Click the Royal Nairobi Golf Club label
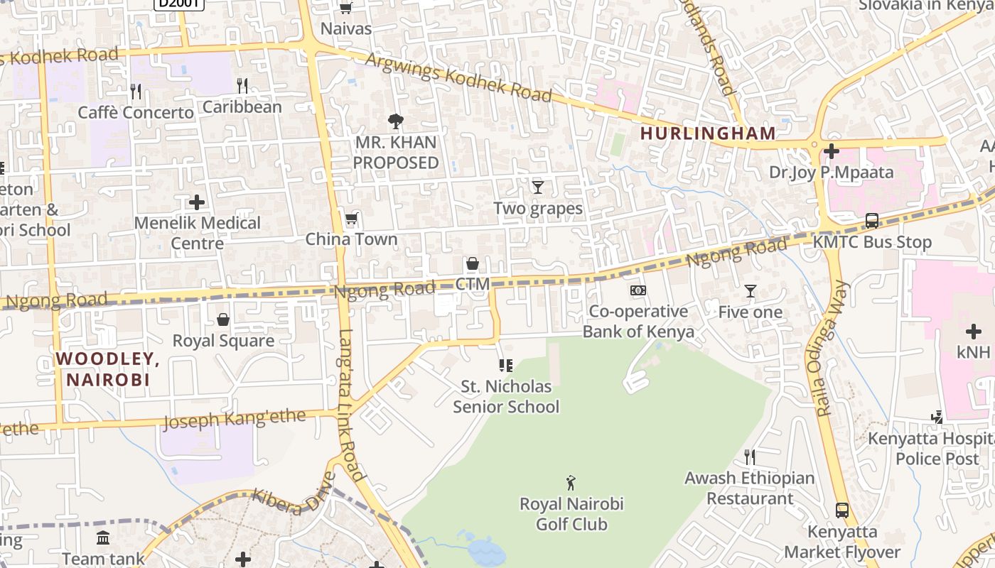tap(571, 515)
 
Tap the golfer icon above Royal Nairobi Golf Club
tap(571, 484)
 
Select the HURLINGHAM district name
tap(708, 133)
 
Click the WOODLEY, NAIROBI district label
tap(108, 369)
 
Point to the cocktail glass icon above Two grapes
tap(538, 187)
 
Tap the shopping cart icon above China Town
tap(351, 219)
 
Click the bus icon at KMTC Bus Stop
tap(872, 221)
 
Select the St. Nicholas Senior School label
tap(506, 397)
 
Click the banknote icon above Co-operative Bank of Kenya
tap(638, 290)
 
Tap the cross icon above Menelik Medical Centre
tap(197, 202)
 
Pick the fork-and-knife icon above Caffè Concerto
tap(136, 92)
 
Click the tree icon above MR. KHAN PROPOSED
tap(396, 121)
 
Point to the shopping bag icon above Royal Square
tap(223, 320)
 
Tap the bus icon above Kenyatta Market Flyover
tap(842, 510)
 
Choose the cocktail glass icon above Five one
tap(750, 291)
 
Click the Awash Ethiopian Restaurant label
tap(749, 488)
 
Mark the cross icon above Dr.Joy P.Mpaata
tap(831, 151)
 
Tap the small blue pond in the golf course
tap(485, 548)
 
